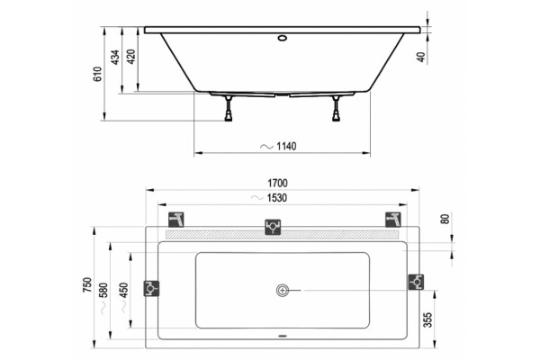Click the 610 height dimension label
click(98, 74)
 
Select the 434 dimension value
click(115, 57)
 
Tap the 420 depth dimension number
click(131, 57)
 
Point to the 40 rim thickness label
click(421, 58)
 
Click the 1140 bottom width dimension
click(286, 147)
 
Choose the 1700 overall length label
click(277, 184)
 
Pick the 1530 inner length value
click(277, 198)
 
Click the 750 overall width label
click(87, 285)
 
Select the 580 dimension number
click(103, 290)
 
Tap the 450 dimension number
click(123, 290)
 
